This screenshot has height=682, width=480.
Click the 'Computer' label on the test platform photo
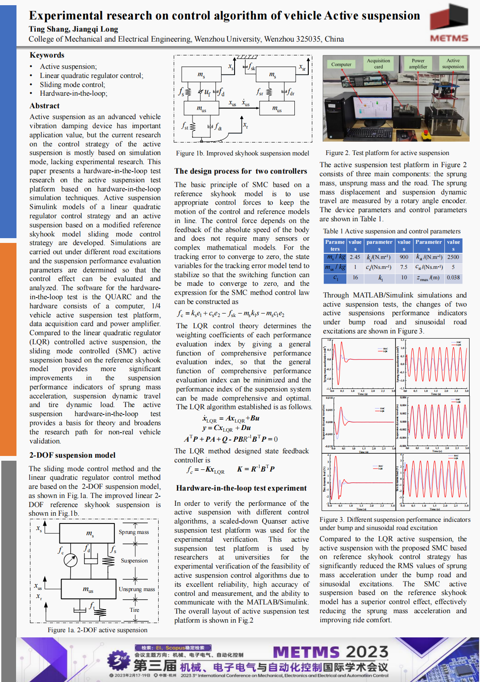point(341,65)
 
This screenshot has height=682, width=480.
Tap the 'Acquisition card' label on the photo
point(379,64)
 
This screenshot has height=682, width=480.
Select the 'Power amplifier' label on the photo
point(418,64)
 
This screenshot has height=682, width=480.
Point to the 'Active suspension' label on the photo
point(453,64)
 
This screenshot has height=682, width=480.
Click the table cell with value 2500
point(453,257)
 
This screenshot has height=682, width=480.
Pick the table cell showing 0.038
point(453,278)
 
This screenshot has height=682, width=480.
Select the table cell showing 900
point(404,257)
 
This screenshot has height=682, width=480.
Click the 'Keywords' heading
point(47,55)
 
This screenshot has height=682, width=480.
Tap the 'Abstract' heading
point(45,106)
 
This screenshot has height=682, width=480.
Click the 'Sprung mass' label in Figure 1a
point(134,532)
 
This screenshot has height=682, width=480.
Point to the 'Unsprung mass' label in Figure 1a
point(137,589)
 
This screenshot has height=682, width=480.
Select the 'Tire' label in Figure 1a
point(134,610)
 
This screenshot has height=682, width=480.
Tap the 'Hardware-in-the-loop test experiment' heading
point(241,488)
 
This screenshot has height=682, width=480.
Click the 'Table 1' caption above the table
point(392,231)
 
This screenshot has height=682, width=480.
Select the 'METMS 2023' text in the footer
point(330,652)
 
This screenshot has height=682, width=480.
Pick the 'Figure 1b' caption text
point(242,153)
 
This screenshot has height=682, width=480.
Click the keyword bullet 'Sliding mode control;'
point(72,84)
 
